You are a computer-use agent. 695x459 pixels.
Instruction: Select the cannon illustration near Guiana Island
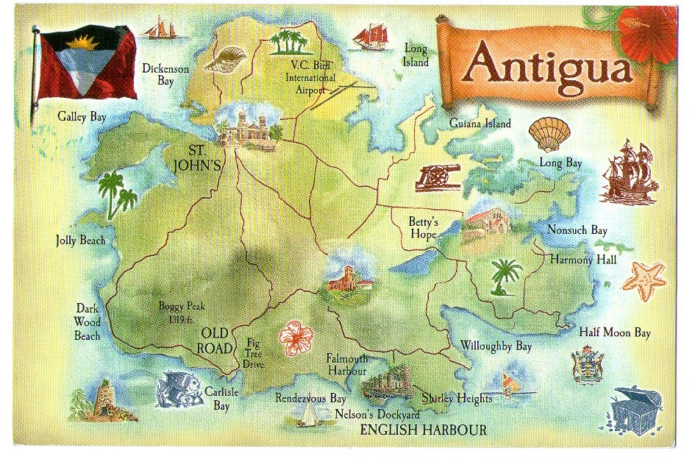[437, 177]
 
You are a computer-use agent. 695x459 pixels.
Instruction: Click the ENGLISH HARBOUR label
[423, 430]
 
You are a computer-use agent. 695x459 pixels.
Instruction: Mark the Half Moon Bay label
[615, 332]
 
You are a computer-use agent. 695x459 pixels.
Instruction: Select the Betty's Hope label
[424, 228]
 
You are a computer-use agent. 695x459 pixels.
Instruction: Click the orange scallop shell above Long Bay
[549, 134]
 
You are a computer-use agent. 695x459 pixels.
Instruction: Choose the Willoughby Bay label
[496, 345]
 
